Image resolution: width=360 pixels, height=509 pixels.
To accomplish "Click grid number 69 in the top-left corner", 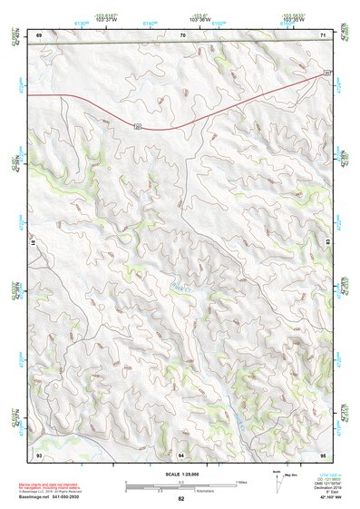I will pos(39,34).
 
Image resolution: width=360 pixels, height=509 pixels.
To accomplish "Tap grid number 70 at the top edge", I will pos(182,34).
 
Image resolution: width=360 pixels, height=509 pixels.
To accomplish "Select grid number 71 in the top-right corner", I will pos(323,34).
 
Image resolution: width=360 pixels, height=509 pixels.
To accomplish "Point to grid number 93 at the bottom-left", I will pos(39,453).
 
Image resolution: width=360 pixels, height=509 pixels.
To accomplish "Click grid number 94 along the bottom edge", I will pos(181,453).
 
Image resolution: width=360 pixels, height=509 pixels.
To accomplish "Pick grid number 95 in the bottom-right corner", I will pos(323,453).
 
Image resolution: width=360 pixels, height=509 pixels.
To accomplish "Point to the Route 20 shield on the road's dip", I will pos(137,124).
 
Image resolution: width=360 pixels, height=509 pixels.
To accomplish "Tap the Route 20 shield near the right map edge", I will pos(326,72).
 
